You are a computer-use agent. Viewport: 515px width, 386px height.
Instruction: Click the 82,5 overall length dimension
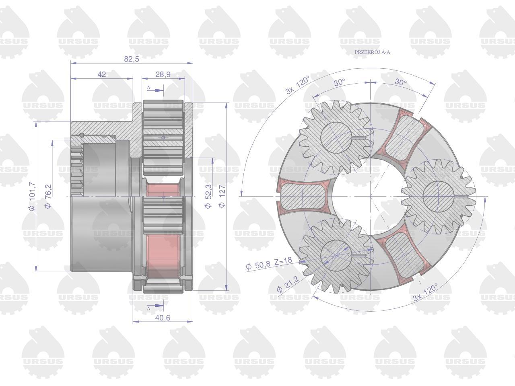[132, 59]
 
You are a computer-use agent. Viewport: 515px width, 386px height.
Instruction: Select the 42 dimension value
[102, 74]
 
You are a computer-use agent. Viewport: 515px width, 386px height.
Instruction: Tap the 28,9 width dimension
[163, 74]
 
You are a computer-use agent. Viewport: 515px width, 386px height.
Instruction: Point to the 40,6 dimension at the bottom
[163, 318]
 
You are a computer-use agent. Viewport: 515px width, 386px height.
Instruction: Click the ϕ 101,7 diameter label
[32, 196]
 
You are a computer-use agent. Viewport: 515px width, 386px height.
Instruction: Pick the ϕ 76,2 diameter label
[48, 196]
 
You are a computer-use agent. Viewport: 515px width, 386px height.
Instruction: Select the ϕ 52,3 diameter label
[208, 196]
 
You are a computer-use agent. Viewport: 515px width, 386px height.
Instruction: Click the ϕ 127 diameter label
[222, 196]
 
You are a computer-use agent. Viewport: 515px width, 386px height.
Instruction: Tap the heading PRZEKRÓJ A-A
[372, 52]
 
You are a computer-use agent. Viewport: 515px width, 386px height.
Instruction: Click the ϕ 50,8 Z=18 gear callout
[269, 263]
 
